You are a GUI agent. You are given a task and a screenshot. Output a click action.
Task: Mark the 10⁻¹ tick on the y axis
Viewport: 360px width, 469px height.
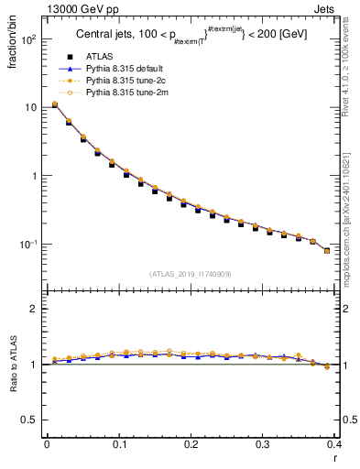(28, 245)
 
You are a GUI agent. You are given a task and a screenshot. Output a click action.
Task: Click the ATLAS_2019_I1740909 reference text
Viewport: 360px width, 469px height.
(189, 274)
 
